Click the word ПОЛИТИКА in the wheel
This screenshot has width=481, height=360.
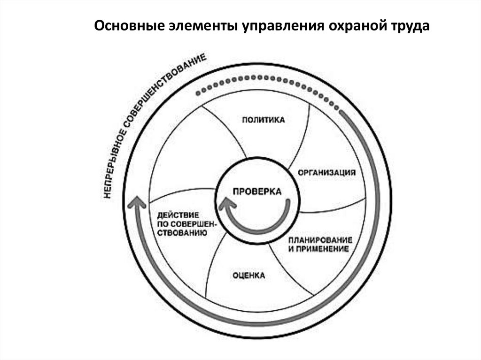click(264, 120)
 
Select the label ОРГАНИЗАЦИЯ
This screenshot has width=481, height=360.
click(326, 172)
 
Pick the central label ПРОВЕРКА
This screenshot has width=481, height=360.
click(257, 191)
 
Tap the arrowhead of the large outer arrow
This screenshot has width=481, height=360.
click(137, 203)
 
